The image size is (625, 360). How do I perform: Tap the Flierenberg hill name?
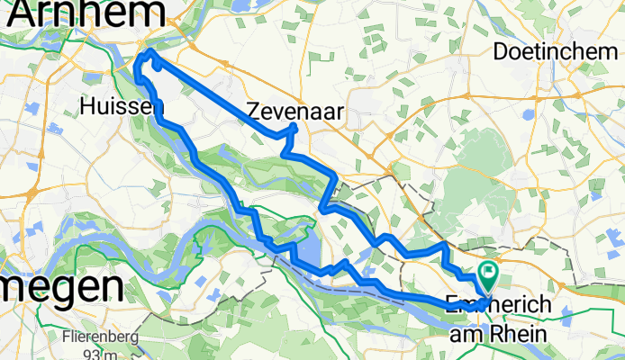click(100, 338)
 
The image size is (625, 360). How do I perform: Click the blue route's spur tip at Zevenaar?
click(294, 129)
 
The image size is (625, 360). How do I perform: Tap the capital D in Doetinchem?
click(502, 52)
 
